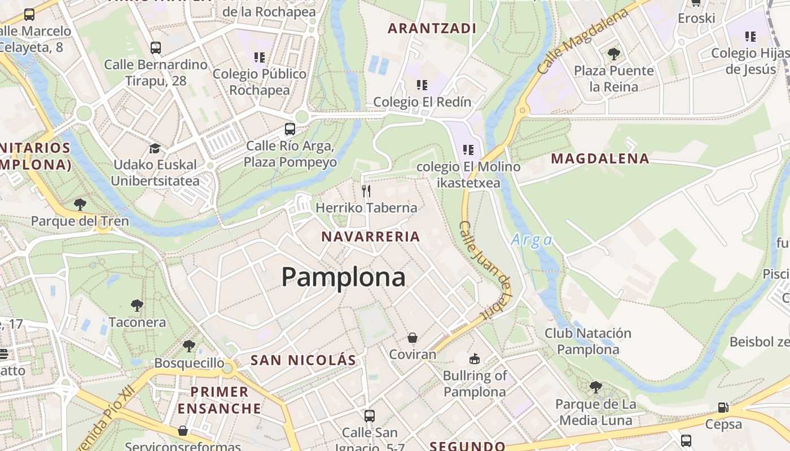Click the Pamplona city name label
(343, 277)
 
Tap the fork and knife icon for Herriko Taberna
(366, 191)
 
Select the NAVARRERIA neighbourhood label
(371, 237)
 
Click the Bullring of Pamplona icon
(475, 359)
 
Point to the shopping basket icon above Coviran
(412, 338)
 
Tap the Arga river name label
(532, 241)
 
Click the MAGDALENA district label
(600, 159)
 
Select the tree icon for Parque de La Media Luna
(595, 387)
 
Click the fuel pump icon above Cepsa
(723, 407)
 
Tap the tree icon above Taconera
(137, 306)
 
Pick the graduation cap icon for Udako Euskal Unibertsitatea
(155, 148)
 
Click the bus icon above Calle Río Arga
(290, 129)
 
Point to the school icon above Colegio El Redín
(422, 85)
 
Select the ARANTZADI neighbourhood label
(432, 28)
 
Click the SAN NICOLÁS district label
(303, 360)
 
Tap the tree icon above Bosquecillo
(189, 346)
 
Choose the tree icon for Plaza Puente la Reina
(614, 54)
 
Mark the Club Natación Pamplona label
(587, 341)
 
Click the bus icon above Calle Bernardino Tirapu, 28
(156, 48)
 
